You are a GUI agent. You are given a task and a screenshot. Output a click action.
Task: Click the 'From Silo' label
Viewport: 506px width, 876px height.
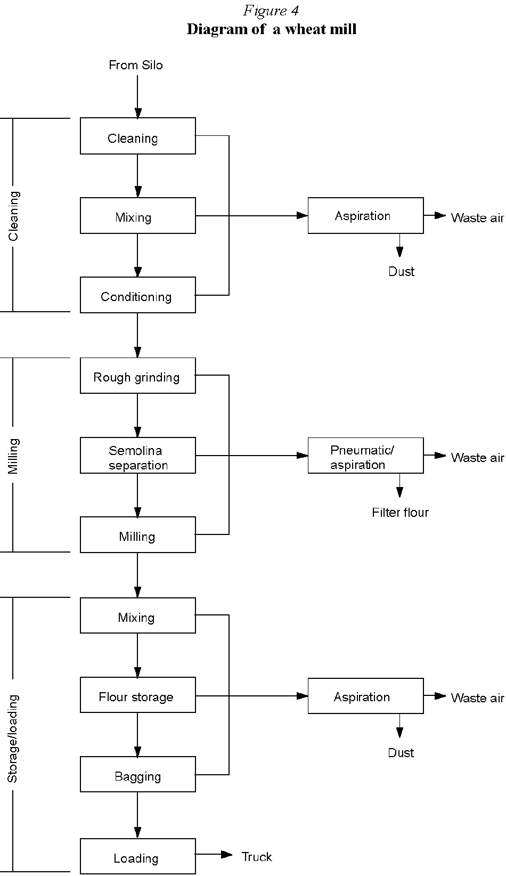[136, 65]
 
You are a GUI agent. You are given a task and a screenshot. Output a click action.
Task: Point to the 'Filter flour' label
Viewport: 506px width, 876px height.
[400, 513]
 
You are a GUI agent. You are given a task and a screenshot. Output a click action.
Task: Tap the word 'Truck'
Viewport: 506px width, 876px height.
[257, 857]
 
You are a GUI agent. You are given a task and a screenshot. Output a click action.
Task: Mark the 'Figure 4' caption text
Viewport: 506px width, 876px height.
[271, 11]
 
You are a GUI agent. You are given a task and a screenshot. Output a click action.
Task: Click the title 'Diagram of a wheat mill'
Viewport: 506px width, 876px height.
[271, 29]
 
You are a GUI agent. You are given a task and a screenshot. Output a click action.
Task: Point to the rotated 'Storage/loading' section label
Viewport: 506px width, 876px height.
[13, 738]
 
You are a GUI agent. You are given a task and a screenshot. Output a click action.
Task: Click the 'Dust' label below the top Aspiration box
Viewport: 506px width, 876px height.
[401, 272]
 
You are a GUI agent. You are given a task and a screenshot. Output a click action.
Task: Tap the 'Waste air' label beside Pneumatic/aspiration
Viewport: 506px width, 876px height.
[477, 458]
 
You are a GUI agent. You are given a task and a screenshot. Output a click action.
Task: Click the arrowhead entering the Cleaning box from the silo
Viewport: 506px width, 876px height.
[138, 113]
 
